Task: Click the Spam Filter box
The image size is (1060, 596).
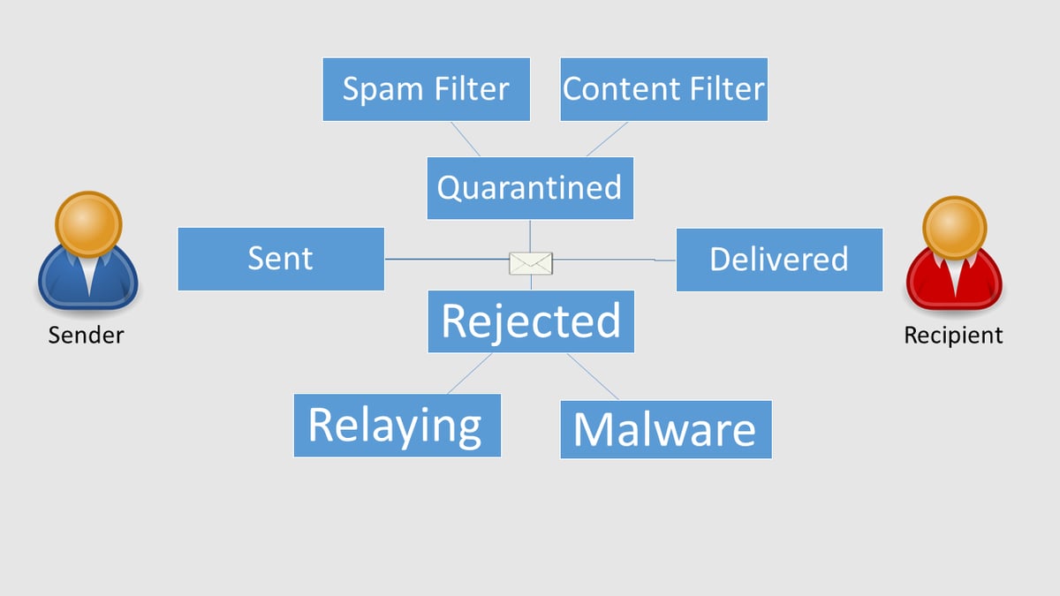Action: [x=426, y=89]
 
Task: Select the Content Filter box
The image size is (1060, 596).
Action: [x=663, y=89]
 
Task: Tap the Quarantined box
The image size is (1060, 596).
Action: [x=530, y=188]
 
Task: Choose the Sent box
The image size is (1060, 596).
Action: [x=281, y=259]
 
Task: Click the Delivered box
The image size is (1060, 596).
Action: [x=779, y=260]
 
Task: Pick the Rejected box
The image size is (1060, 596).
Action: [x=531, y=321]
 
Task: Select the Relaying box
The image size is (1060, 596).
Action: [x=397, y=426]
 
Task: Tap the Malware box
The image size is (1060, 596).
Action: [x=665, y=429]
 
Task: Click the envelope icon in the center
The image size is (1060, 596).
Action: [x=531, y=262]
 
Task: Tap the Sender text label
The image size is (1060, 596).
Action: [x=86, y=336]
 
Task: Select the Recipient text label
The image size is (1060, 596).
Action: [x=953, y=336]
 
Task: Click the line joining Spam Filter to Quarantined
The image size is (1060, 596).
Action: [x=466, y=139]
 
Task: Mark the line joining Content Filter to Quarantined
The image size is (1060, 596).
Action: [x=607, y=139]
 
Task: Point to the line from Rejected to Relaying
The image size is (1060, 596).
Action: [x=470, y=373]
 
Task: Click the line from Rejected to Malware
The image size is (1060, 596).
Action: [x=593, y=376]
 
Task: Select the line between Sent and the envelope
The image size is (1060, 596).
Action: [x=446, y=260]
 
